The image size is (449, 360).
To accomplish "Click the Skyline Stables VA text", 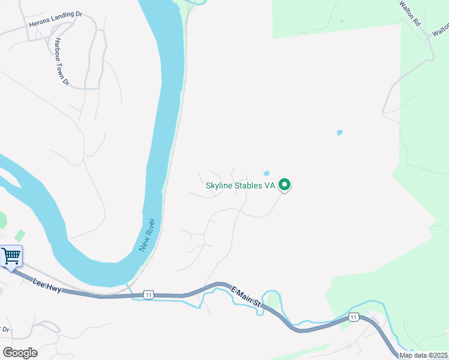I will pos(240,185).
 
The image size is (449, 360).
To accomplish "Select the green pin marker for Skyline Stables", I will pos(286,185).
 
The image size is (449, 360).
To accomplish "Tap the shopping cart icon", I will pos(11,256).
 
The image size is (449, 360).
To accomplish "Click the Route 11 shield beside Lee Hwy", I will pos(148,294).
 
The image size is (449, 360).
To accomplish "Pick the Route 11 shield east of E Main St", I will pos(354,316).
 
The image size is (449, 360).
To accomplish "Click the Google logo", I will pos(20,353).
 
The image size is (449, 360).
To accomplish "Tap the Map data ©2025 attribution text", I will pos(424,355).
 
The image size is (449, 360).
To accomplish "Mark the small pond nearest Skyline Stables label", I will pos(267,173).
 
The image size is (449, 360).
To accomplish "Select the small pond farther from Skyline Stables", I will pos(340,133).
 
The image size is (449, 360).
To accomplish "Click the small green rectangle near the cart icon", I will pos(20,235).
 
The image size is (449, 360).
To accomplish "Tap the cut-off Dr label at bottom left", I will pos(5,329).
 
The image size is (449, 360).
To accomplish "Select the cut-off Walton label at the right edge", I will pos(441,28).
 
